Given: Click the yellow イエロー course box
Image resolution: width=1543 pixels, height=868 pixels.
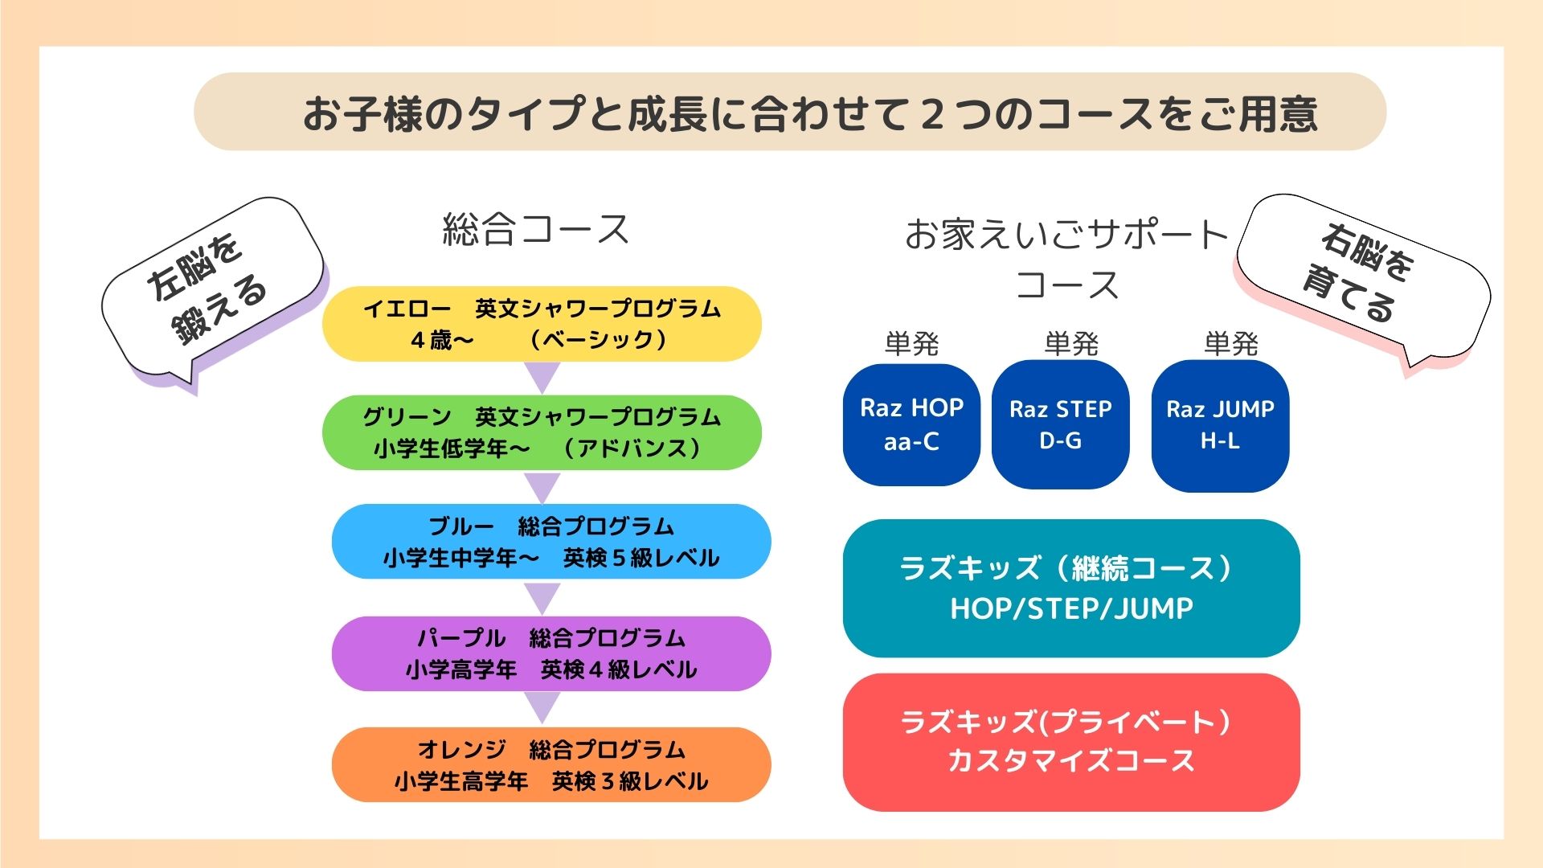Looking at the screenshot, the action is pyautogui.click(x=542, y=324).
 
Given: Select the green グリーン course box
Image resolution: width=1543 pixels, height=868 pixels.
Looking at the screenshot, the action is pyautogui.click(x=542, y=432).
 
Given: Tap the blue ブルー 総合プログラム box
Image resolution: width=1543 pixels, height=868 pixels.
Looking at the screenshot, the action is pyautogui.click(x=551, y=542).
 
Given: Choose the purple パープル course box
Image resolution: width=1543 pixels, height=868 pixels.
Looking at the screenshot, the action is pyautogui.click(x=551, y=653).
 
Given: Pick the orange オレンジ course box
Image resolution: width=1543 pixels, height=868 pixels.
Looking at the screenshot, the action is pyautogui.click(x=551, y=765).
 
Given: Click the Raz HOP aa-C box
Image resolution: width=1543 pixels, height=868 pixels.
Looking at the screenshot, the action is pyautogui.click(x=911, y=425).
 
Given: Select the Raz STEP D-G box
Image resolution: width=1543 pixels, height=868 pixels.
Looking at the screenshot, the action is pyautogui.click(x=1061, y=424).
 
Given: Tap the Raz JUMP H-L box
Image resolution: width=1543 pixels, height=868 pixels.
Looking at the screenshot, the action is pyautogui.click(x=1220, y=425).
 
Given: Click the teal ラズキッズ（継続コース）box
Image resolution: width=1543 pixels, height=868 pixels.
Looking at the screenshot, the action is pyautogui.click(x=1071, y=588).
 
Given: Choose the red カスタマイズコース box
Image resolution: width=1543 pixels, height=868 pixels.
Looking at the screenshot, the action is pyautogui.click(x=1071, y=743).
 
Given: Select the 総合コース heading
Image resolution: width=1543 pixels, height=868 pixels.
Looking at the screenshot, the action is pyautogui.click(x=536, y=230).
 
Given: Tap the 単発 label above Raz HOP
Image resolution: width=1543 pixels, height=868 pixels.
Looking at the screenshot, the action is pyautogui.click(x=911, y=344).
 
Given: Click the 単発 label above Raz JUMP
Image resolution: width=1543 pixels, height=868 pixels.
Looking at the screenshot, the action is pyautogui.click(x=1230, y=344).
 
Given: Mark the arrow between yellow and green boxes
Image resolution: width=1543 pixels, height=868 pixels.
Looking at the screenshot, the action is pyautogui.click(x=542, y=376).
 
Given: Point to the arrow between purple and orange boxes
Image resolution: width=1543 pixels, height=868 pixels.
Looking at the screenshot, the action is pyautogui.click(x=542, y=706).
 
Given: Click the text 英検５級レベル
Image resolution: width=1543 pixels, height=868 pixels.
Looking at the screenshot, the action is pyautogui.click(x=641, y=558).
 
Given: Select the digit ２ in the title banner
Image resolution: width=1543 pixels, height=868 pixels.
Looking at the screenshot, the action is pyautogui.click(x=931, y=113).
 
